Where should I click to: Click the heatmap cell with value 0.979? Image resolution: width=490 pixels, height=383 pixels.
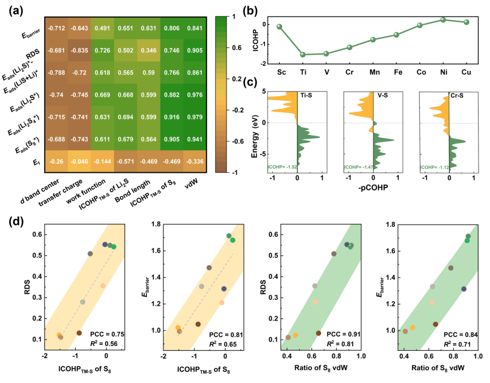click(x=195, y=117)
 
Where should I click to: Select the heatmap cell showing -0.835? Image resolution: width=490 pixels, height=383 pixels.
click(x=79, y=50)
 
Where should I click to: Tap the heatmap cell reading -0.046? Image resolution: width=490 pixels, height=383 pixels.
click(x=79, y=161)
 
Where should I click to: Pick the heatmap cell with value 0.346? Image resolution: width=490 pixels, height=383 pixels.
click(x=149, y=50)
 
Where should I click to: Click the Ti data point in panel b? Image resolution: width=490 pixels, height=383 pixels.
click(x=303, y=54)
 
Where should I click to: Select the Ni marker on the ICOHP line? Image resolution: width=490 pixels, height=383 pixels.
click(x=443, y=20)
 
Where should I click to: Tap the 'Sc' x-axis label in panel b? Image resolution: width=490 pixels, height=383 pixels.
click(x=279, y=73)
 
